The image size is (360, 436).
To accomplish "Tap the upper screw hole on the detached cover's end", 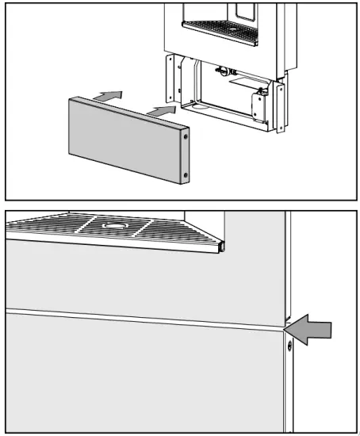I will tap(186, 137).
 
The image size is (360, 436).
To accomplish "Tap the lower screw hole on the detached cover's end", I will tap(186, 174).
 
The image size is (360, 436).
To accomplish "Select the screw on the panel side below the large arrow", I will tap(289, 346).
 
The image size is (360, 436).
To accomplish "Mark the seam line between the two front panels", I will tap(143, 319).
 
